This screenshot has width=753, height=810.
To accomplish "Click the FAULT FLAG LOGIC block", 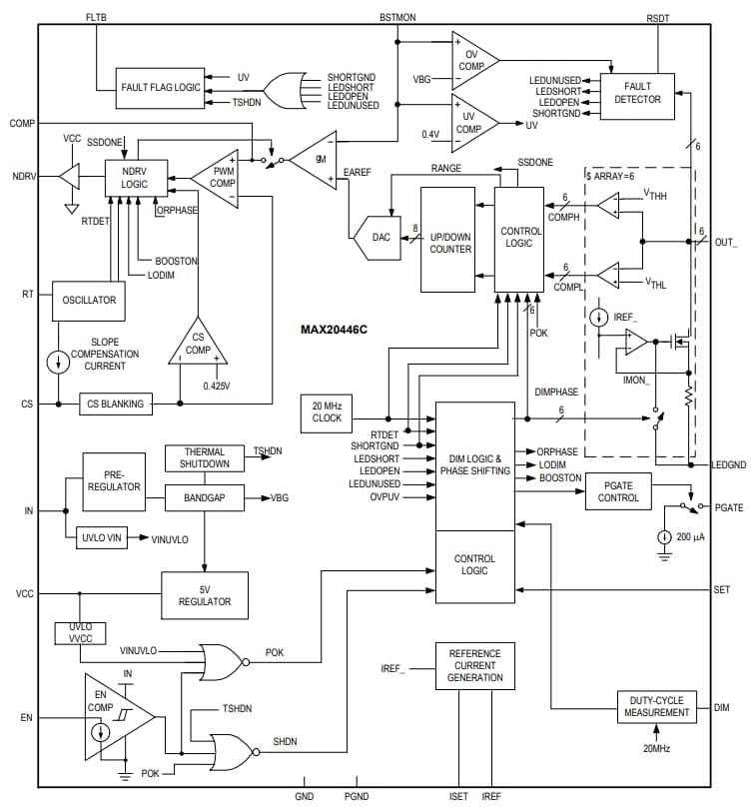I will coord(160,87).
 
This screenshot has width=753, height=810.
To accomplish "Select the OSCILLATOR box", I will coord(90,299).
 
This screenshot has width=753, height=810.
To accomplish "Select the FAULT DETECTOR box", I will coord(638,93).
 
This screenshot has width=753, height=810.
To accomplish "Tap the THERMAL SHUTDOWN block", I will coord(205,457).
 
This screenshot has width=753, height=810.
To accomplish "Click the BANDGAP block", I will coord(205,496).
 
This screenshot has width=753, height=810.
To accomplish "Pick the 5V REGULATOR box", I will coord(205,594).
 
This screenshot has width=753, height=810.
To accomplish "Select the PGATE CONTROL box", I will coord(618,490).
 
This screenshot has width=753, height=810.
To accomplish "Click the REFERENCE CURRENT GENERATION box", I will coord(474,665).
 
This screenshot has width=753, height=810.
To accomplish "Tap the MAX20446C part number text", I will coord(335,329).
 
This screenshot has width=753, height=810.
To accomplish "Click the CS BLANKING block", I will coord(116,404).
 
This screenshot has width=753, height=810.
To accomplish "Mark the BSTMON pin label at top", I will coord(398,17).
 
